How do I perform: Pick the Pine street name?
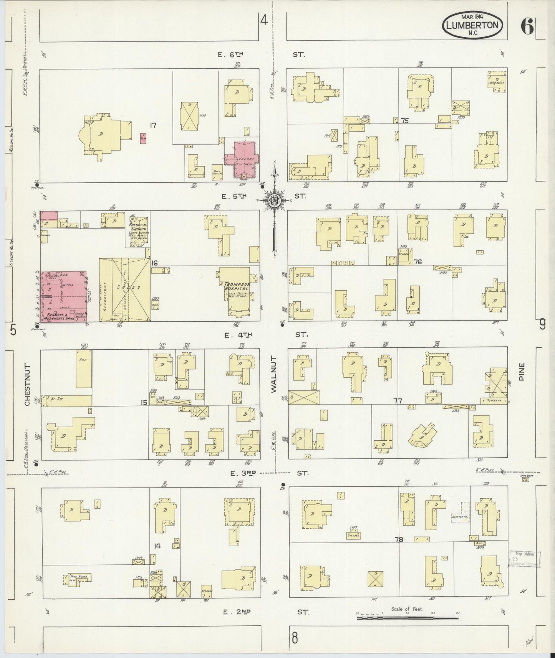(521, 371)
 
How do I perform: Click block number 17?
(153, 125)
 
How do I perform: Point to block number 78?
(399, 539)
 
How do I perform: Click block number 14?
(157, 546)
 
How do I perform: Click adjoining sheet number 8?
(295, 638)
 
